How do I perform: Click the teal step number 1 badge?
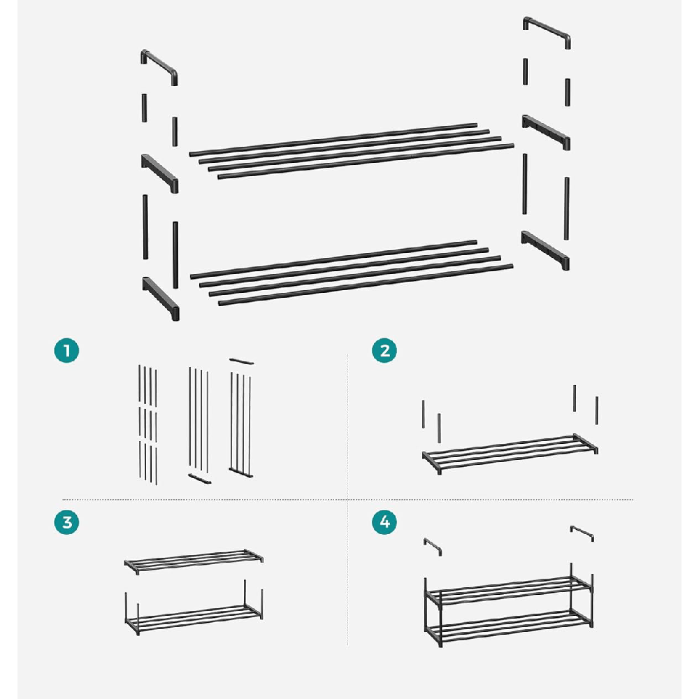pyautogui.click(x=67, y=350)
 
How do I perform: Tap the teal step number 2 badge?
pyautogui.click(x=384, y=350)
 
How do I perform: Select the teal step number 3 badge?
pyautogui.click(x=67, y=522)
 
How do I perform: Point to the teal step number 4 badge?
pyautogui.click(x=384, y=522)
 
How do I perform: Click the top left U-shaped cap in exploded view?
pyautogui.click(x=159, y=64)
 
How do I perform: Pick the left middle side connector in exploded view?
pyautogui.click(x=159, y=173)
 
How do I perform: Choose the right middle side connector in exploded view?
pyautogui.click(x=546, y=132)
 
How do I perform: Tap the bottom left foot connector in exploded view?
pyautogui.click(x=161, y=298)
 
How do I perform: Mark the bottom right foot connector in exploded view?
pyautogui.click(x=545, y=250)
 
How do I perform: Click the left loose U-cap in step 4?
pyautogui.click(x=433, y=546)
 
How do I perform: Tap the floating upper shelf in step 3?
pyautogui.click(x=194, y=561)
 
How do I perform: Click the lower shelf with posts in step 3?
pyautogui.click(x=194, y=608)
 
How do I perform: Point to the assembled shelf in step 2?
pyautogui.click(x=510, y=454)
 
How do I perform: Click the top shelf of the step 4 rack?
pyautogui.click(x=509, y=591)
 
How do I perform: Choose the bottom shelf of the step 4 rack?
pyautogui.click(x=509, y=628)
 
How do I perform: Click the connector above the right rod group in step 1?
pyautogui.click(x=242, y=361)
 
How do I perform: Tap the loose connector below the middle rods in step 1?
pyautogui.click(x=199, y=479)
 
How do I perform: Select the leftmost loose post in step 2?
pyautogui.click(x=423, y=414)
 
